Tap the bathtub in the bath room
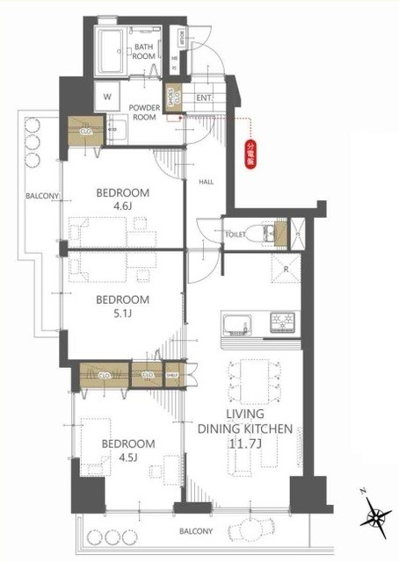pyautogui.click(x=111, y=51)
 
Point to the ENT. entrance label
pyautogui.click(x=203, y=97)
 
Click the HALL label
pyautogui.click(x=206, y=182)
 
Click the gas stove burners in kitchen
pyautogui.click(x=281, y=320)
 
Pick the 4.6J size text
pyautogui.click(x=123, y=208)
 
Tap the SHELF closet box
pyautogui.click(x=171, y=374)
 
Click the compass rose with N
pyautogui.click(x=377, y=518)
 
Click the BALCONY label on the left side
pyautogui.click(x=41, y=197)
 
